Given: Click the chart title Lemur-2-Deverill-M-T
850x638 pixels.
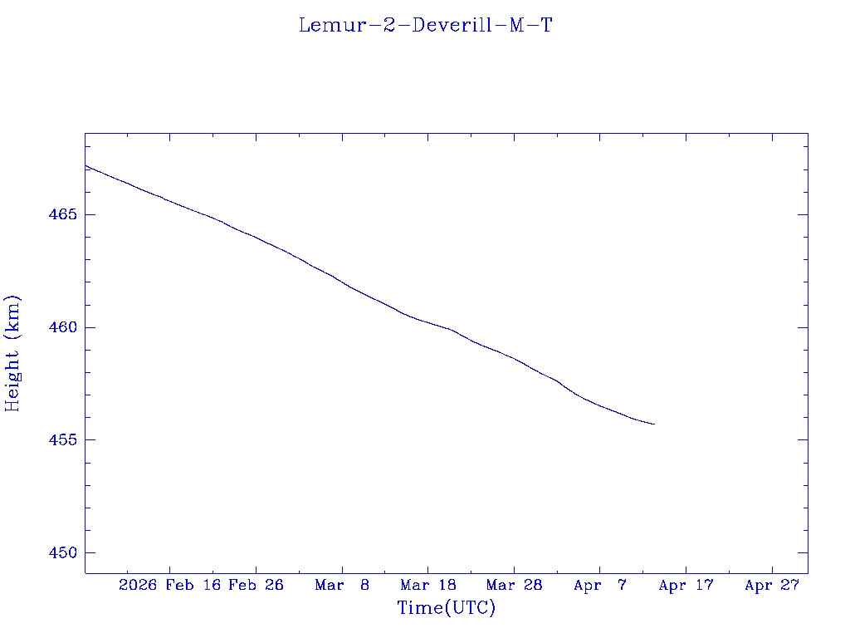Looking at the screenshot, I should (x=425, y=26).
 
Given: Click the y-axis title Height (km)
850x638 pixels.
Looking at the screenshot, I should (x=12, y=353).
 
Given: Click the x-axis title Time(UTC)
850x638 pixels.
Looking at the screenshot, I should (x=447, y=608).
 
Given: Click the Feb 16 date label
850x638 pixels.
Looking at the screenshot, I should (x=193, y=586).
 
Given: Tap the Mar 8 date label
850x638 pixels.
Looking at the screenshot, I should (x=342, y=586).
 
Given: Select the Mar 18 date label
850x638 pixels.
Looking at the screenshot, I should (x=428, y=586).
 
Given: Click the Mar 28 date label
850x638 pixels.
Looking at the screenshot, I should (x=514, y=586).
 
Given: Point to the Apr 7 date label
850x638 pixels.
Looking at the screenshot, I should (x=600, y=586).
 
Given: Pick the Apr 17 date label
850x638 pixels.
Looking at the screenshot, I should (x=686, y=586).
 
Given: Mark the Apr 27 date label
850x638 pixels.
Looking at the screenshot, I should (x=772, y=586).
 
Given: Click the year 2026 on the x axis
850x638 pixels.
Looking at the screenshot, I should (x=138, y=586).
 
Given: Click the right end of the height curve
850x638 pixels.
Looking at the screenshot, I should (x=654, y=425).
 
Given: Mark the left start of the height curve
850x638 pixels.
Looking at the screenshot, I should (x=85, y=165).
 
